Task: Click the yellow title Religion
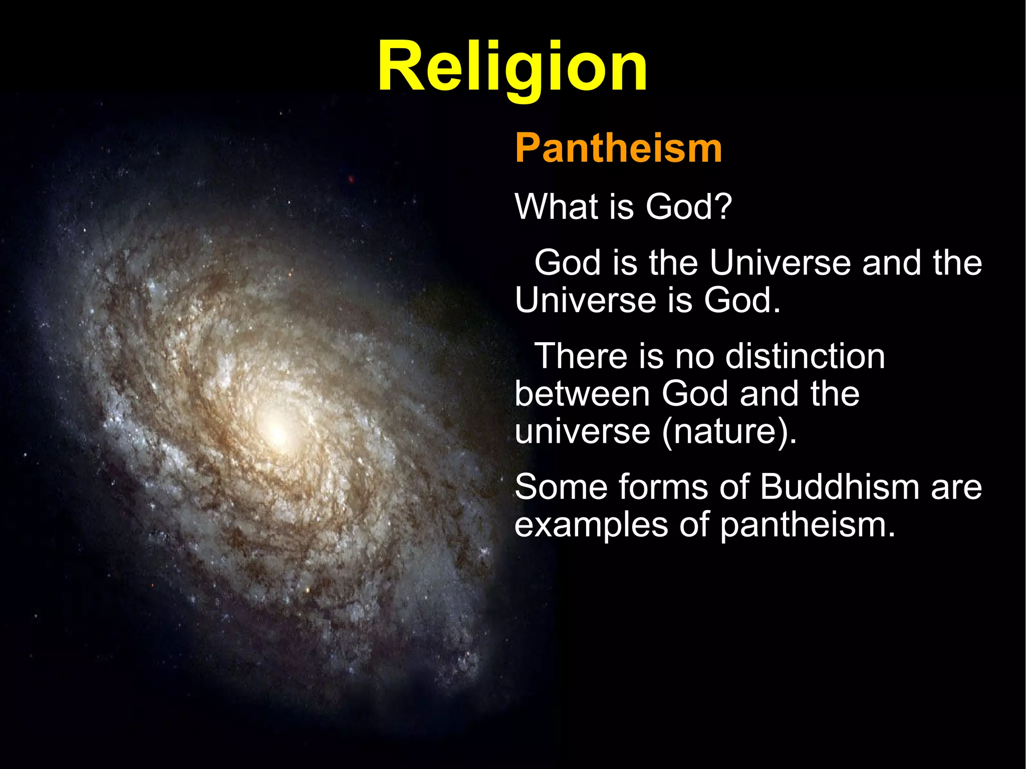[512, 68]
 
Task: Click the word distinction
[805, 356]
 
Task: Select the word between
[582, 394]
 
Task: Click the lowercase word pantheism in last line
[807, 526]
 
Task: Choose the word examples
[591, 526]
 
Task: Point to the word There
[581, 356]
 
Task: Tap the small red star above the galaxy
[352, 178]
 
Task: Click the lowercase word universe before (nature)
[582, 432]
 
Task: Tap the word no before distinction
[694, 356]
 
